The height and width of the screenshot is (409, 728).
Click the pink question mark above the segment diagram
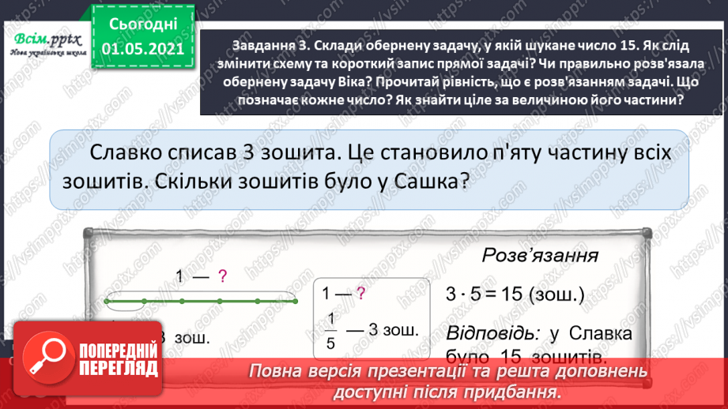click(223, 276)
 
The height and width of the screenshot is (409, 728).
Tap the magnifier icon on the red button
click(45, 357)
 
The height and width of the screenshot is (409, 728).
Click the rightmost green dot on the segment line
click(296, 301)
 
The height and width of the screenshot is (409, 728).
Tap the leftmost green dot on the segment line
click(107, 301)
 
